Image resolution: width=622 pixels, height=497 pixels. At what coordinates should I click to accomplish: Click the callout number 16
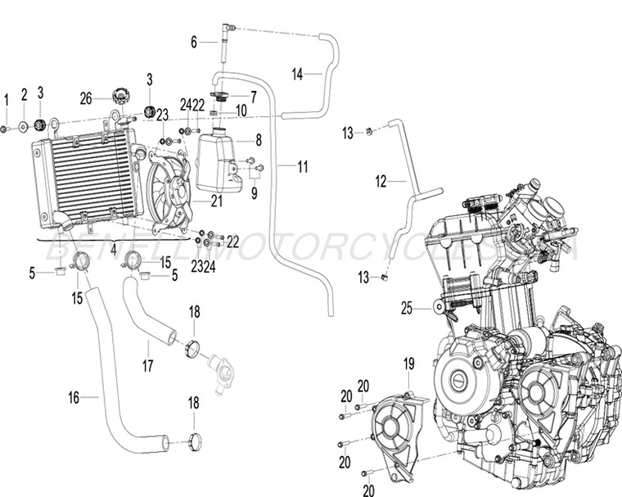pos(74,398)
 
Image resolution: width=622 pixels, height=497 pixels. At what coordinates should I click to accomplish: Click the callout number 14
pos(297,74)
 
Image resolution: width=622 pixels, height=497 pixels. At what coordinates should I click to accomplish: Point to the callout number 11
pos(303,167)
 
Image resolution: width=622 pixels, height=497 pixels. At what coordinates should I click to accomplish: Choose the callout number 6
pos(195,41)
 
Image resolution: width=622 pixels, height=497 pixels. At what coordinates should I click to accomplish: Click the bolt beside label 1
pos(6,129)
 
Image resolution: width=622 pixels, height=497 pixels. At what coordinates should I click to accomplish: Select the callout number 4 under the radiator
pos(113,245)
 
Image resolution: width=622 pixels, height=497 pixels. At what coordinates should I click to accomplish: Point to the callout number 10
pos(242,110)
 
